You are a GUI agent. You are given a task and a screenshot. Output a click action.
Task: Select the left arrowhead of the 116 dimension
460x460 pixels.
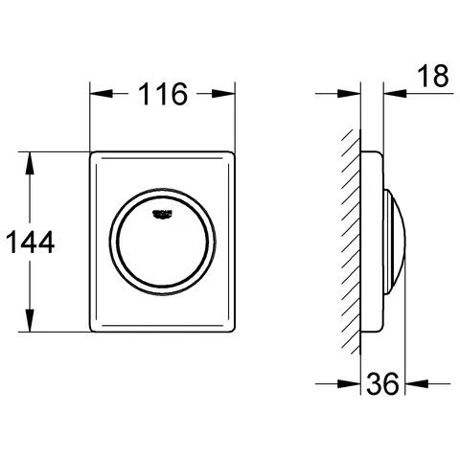(98, 94)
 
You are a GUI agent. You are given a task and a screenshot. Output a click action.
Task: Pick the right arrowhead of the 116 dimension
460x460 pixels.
(228, 94)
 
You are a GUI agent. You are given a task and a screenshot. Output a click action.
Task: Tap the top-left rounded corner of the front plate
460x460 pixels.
(95, 154)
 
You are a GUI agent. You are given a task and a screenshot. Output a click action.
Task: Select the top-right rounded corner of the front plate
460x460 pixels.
(231, 154)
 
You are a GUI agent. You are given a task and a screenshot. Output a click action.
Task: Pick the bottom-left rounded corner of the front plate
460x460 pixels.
(95, 328)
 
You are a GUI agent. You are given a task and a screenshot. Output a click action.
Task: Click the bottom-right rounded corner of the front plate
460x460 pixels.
(231, 328)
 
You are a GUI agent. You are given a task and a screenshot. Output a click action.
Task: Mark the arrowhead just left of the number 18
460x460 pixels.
(390, 94)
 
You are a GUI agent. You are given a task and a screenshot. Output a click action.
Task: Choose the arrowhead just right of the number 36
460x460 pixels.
(410, 386)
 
